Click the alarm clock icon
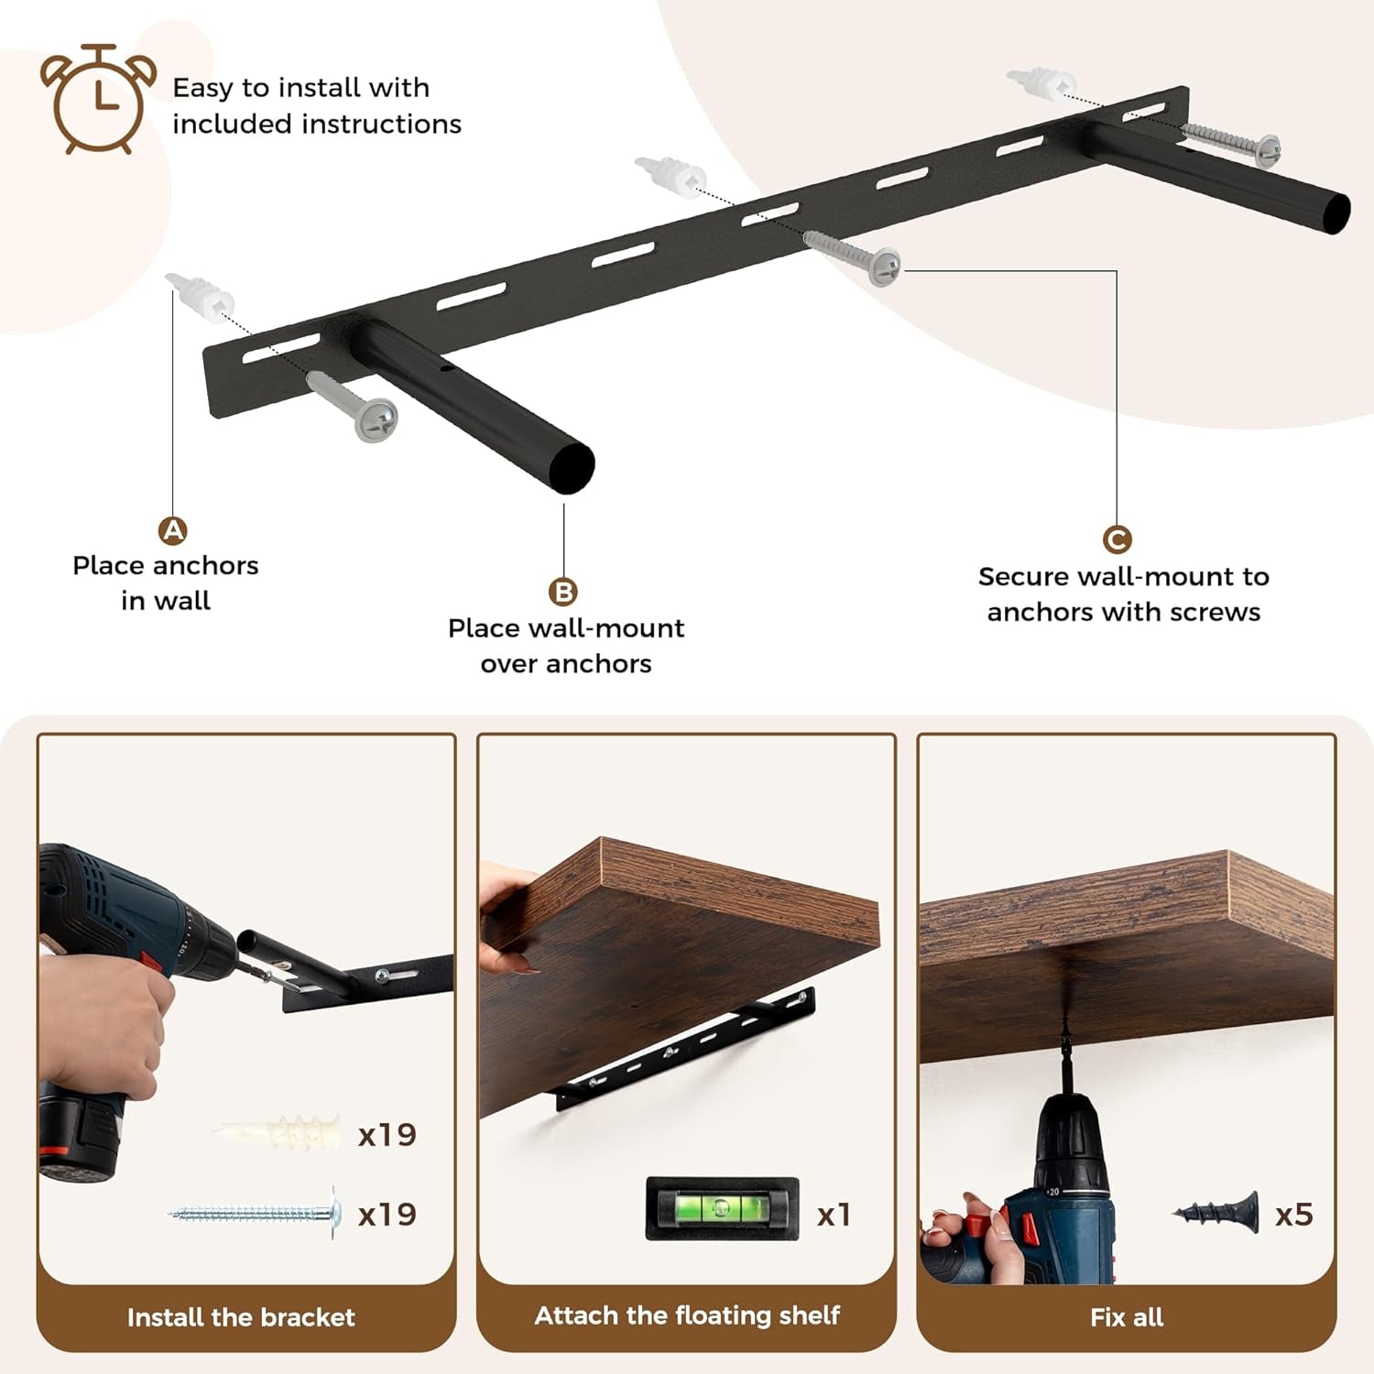[98, 98]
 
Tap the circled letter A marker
[173, 530]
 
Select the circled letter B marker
[563, 592]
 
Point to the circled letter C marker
[1117, 540]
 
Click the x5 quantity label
[1293, 1215]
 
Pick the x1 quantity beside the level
[834, 1215]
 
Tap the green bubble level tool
[722, 1209]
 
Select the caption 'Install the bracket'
[241, 1317]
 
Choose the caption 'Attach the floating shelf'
[687, 1315]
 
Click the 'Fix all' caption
[1127, 1317]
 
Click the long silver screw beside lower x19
[256, 1214]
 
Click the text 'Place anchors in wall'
[166, 583]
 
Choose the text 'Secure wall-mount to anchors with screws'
[1123, 594]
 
